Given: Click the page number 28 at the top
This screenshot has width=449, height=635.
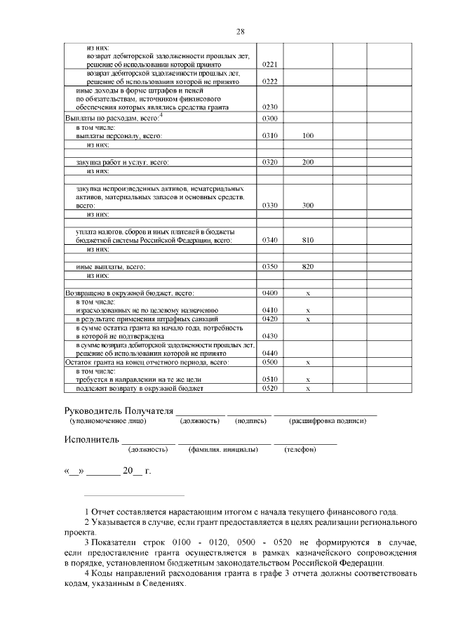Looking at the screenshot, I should click(239, 32).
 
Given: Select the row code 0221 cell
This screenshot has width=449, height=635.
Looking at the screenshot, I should click(270, 64).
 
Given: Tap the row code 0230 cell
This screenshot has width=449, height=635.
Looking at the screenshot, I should click(270, 107).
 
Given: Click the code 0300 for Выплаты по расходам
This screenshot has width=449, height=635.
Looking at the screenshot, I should click(270, 118).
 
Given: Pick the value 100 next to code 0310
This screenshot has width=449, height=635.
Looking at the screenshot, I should click(307, 135).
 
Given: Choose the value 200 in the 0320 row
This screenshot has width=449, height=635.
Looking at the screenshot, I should click(307, 162).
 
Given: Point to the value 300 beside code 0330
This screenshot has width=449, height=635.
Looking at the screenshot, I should click(307, 206).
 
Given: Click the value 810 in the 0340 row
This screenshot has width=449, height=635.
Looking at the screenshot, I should click(307, 240).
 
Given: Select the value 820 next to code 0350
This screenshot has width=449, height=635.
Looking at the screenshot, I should click(307, 267).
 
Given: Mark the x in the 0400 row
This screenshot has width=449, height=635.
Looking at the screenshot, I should click(308, 293).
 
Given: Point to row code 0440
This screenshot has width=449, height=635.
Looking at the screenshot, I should click(270, 353).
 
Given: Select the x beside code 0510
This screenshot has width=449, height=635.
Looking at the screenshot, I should click(308, 379).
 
